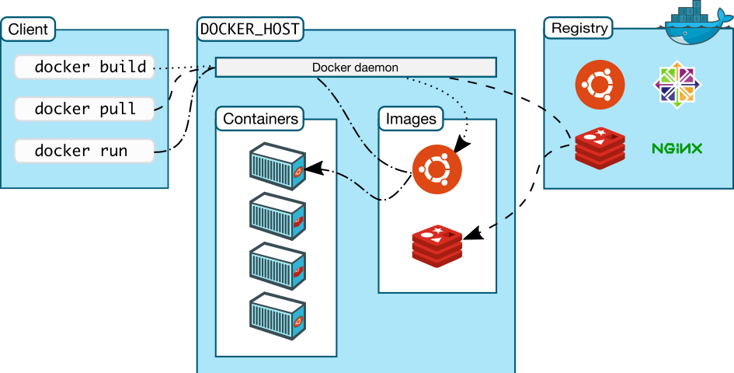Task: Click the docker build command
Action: coord(84,68)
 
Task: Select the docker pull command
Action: coord(84,109)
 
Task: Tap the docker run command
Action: coord(84,151)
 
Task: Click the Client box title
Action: coord(28,30)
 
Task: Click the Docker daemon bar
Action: coord(355,68)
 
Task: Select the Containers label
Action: coord(260,119)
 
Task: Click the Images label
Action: coord(411,119)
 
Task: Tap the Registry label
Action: coord(579,29)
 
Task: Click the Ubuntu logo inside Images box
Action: coord(437,168)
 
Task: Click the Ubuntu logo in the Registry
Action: coord(600,84)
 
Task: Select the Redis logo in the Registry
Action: coord(600,148)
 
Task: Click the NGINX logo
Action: coord(677,148)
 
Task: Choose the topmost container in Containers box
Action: coord(276,166)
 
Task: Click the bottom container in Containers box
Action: coord(276,315)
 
